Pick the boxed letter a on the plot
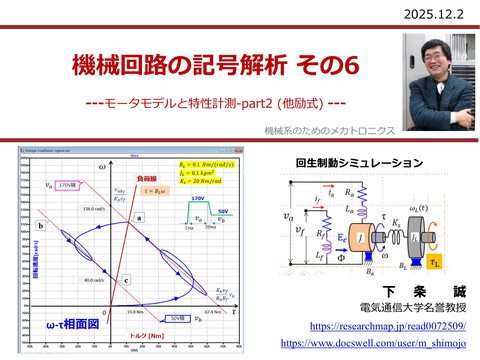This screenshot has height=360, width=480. pyautogui.click(x=139, y=217)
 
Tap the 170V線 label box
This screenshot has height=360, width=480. pyautogui.click(x=66, y=185)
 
